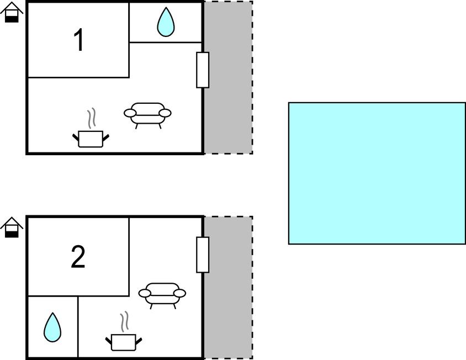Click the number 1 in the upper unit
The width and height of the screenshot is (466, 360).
click(79, 40)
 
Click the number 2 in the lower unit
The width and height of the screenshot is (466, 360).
click(78, 257)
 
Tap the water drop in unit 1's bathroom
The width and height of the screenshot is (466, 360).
click(166, 23)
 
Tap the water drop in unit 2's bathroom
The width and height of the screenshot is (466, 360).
click(52, 327)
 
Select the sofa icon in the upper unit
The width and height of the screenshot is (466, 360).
click(147, 115)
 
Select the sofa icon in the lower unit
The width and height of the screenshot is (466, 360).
click(162, 296)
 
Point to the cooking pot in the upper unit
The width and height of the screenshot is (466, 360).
click(91, 139)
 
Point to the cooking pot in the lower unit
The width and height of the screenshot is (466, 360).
click(124, 342)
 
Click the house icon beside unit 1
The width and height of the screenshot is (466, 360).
click(12, 12)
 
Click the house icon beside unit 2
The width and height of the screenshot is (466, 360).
click(12, 227)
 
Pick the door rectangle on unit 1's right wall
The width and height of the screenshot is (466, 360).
click(203, 70)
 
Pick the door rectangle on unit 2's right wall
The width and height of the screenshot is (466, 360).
click(203, 255)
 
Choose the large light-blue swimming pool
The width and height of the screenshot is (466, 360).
click(377, 173)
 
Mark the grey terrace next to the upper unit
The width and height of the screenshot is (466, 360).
click(228, 78)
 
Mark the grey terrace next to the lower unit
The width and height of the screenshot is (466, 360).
click(228, 288)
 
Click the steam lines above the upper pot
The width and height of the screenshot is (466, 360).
click(92, 118)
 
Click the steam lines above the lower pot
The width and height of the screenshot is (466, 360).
click(125, 322)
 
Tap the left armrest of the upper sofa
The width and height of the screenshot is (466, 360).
click(130, 113)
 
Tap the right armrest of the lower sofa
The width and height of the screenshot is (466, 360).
click(179, 293)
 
